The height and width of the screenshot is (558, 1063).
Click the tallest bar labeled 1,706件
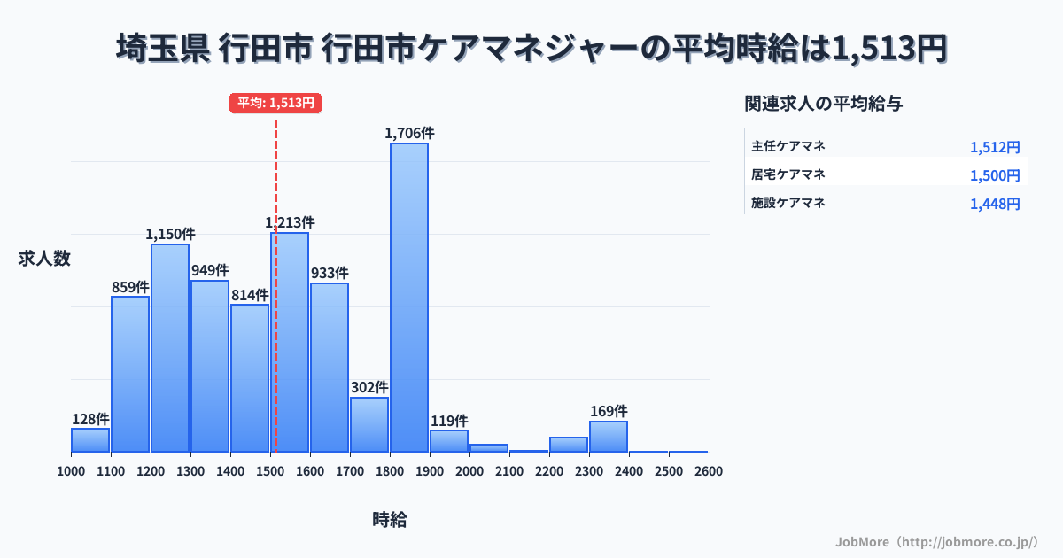tap(409, 297)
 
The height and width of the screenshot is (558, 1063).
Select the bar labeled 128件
tap(90, 440)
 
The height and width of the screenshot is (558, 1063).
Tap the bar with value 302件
tap(369, 424)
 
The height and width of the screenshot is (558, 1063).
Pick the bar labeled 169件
tap(609, 437)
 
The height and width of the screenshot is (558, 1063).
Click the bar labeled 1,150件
tap(170, 347)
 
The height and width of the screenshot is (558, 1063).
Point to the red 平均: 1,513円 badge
tap(275, 103)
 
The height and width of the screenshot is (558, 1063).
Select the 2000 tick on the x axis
tap(469, 471)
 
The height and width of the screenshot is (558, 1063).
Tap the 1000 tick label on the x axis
tap(71, 471)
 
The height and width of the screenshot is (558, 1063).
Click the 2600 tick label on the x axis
tap(709, 471)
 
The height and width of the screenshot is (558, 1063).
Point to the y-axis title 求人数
tap(44, 259)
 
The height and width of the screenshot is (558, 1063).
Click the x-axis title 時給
tap(390, 520)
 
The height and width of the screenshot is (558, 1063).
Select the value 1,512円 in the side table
tap(995, 147)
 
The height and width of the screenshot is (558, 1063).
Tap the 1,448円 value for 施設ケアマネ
tap(995, 204)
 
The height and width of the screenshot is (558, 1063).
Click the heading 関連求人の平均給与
tap(824, 104)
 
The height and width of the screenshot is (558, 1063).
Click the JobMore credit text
tap(936, 540)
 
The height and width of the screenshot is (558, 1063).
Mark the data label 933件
tap(330, 273)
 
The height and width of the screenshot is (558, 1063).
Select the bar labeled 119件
tap(449, 441)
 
